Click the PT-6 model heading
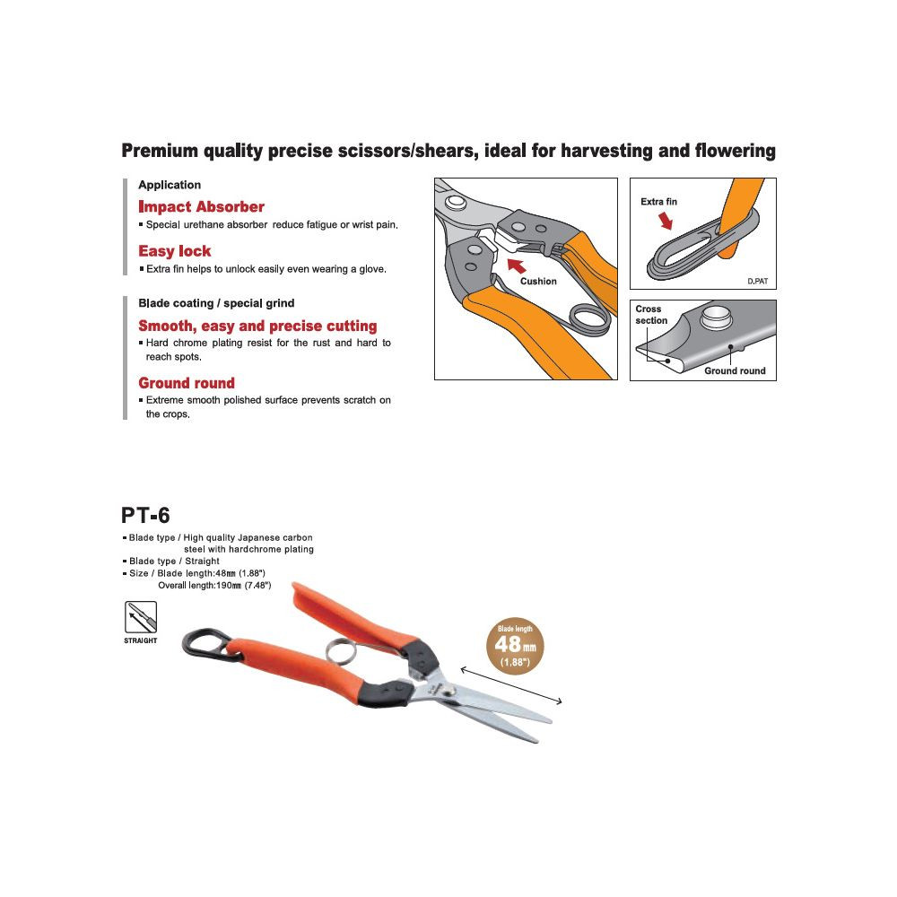[x=145, y=515]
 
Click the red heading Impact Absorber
[x=201, y=207]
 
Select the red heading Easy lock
[x=175, y=251]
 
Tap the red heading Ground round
[x=187, y=383]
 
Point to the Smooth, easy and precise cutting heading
[x=257, y=327]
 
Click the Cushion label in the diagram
[x=538, y=282]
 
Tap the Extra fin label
[x=658, y=202]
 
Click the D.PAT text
[x=758, y=282]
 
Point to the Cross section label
[x=651, y=315]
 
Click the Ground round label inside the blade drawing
[x=735, y=370]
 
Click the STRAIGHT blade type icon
[x=140, y=619]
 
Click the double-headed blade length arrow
[x=511, y=686]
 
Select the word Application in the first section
[x=170, y=185]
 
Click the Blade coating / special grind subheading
[x=216, y=303]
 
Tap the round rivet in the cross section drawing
[x=717, y=315]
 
